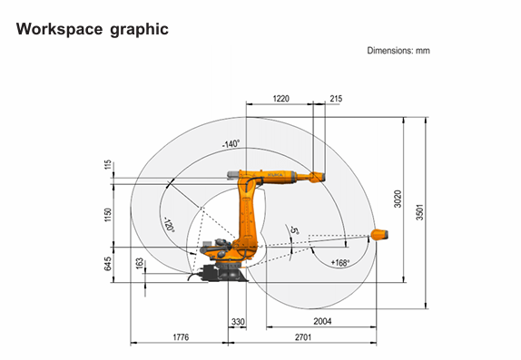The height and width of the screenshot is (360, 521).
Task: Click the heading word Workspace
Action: (60, 29)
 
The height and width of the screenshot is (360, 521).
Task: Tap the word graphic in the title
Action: (139, 30)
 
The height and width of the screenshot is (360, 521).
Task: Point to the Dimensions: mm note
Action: (398, 51)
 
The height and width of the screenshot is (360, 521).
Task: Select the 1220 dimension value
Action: (281, 99)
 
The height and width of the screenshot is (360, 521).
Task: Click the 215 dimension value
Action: (336, 99)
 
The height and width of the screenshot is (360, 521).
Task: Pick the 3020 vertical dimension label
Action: (398, 199)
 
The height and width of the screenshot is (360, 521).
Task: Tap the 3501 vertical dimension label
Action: (420, 212)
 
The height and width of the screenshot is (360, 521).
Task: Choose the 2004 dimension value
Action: (322, 321)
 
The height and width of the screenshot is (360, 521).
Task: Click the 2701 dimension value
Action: (303, 337)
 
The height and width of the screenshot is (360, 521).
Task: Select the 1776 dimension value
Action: (181, 337)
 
